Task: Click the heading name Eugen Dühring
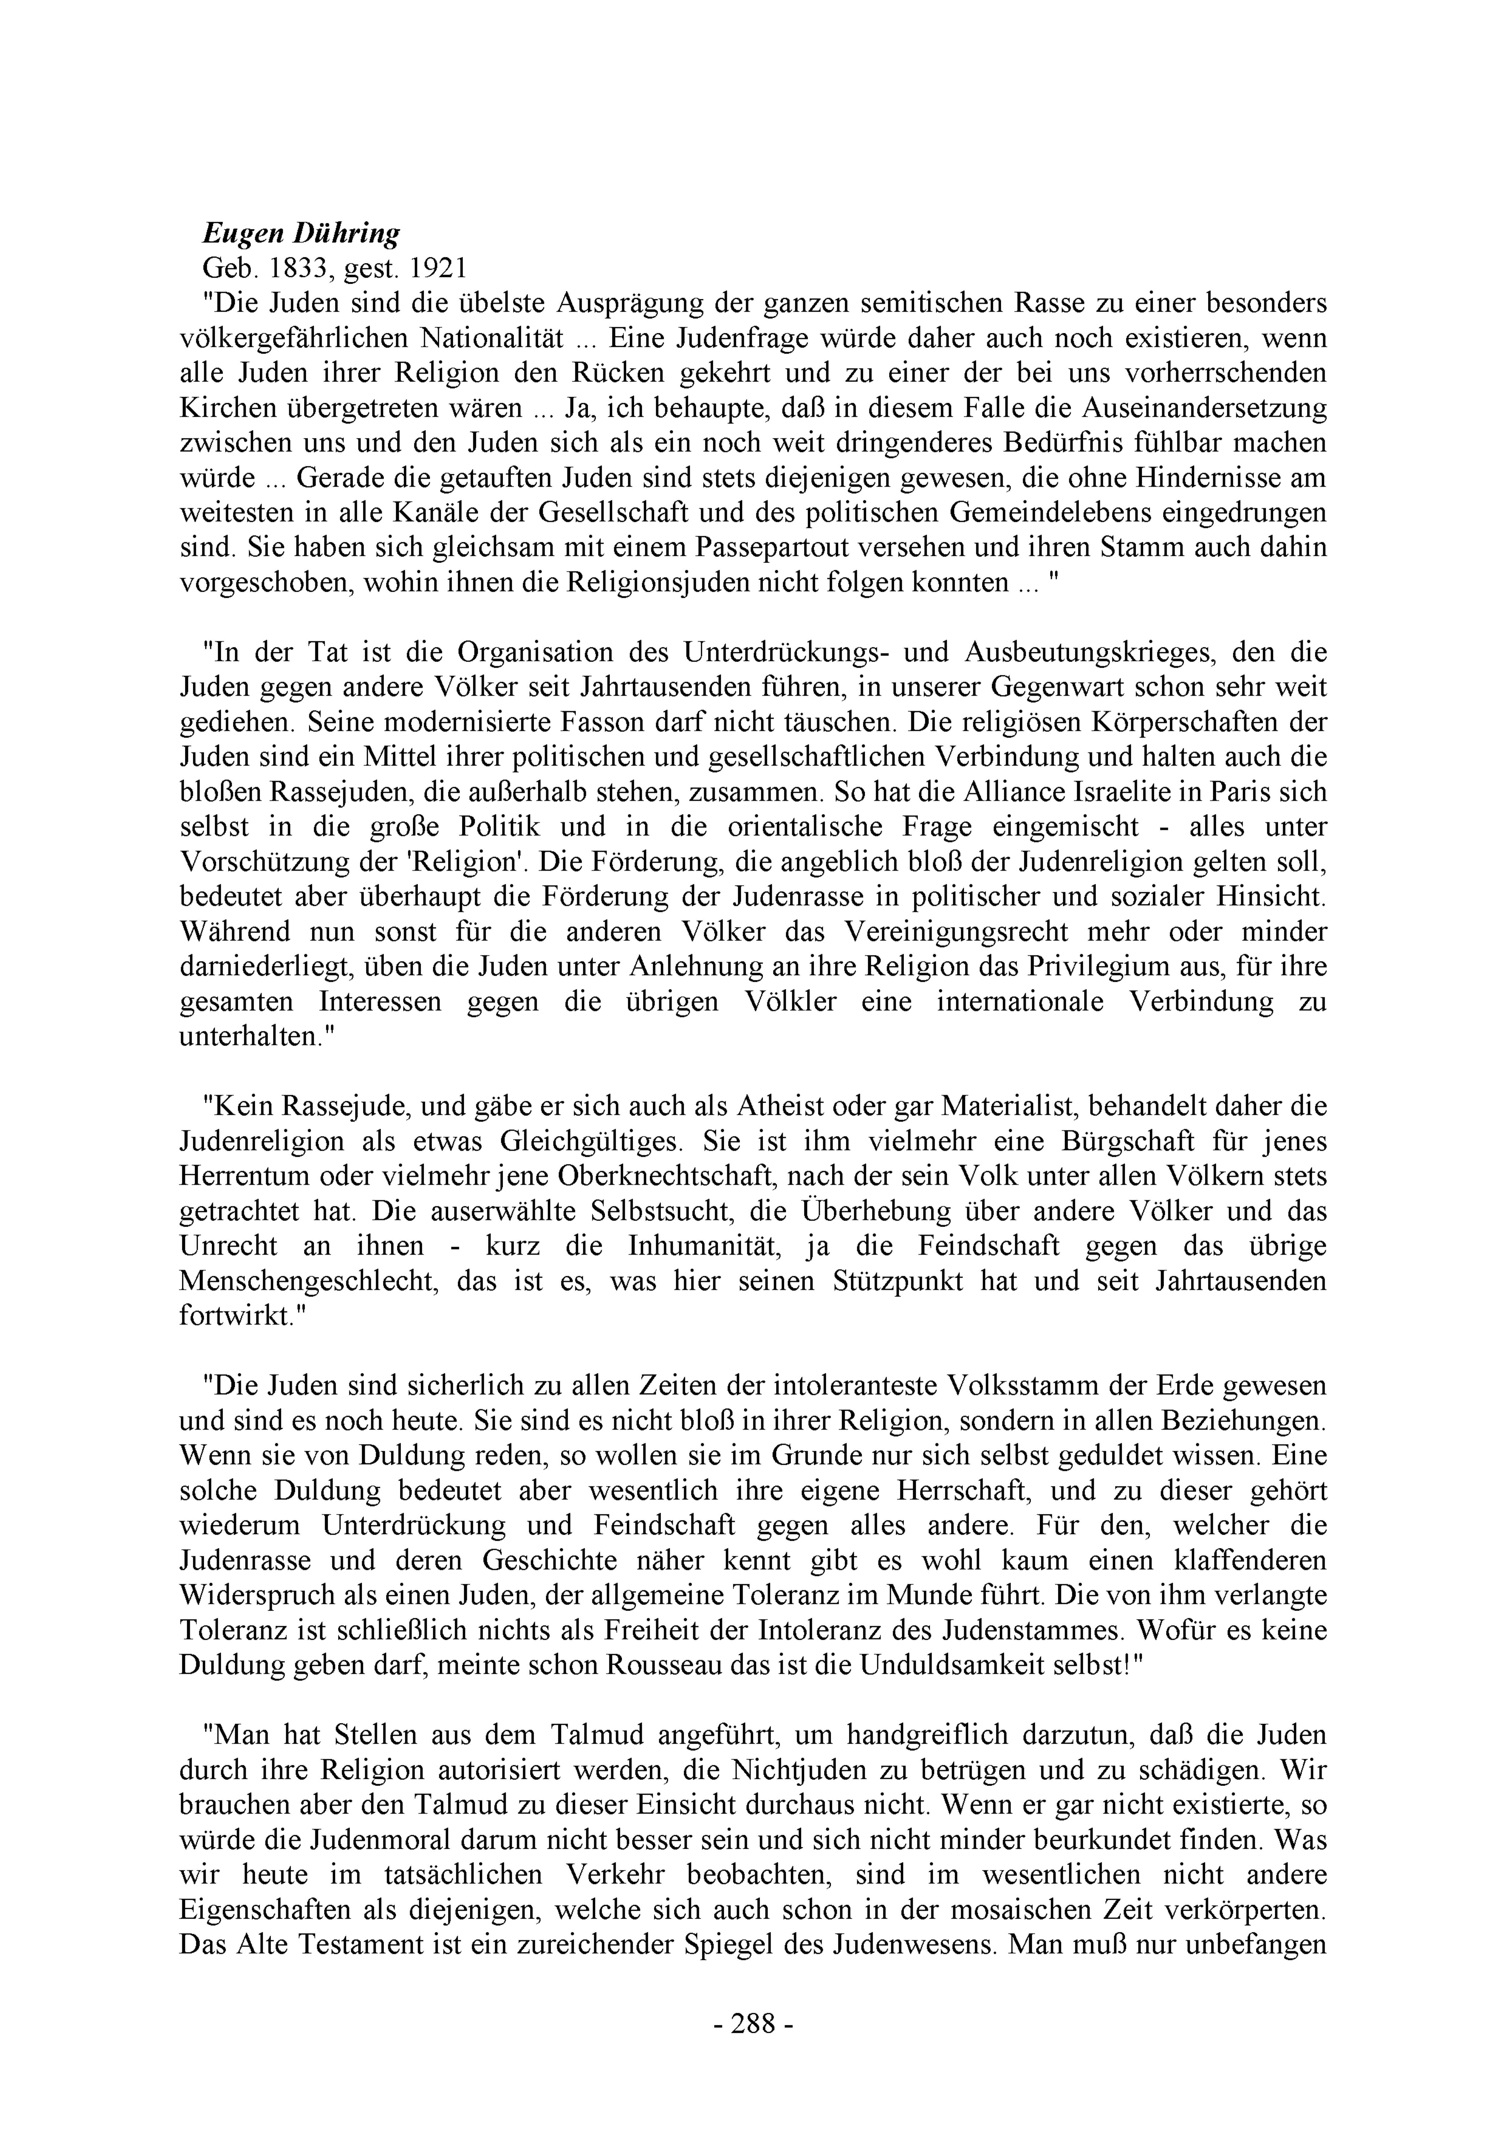(x=302, y=234)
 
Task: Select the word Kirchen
(x=227, y=409)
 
